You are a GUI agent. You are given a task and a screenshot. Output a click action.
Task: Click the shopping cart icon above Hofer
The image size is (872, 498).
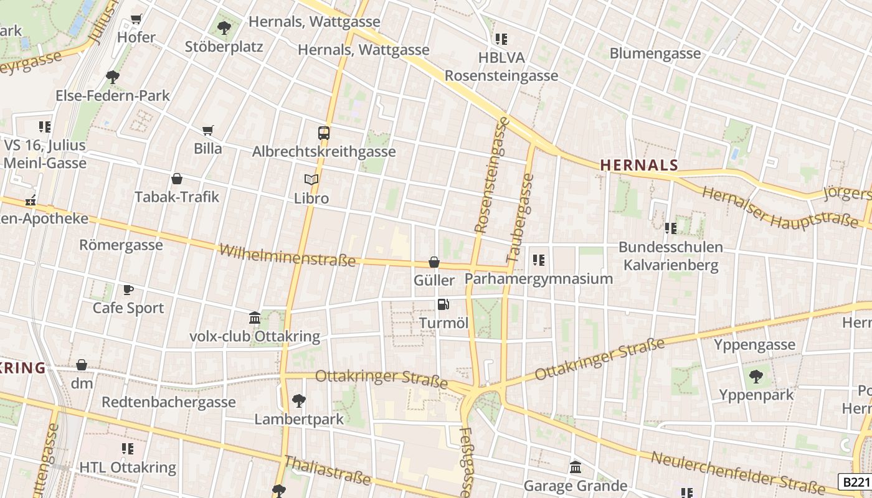click(136, 19)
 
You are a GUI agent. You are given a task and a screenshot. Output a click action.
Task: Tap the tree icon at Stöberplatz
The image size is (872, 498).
click(224, 28)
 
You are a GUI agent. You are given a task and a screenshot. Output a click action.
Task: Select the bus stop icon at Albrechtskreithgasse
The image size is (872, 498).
click(324, 133)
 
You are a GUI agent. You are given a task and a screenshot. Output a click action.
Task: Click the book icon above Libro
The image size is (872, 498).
click(311, 180)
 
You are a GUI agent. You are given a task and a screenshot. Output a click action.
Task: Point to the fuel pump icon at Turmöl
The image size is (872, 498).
click(443, 304)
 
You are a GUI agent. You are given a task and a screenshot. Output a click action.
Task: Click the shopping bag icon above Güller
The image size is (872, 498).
click(434, 262)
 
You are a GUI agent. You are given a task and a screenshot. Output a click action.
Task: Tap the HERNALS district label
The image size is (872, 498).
click(639, 165)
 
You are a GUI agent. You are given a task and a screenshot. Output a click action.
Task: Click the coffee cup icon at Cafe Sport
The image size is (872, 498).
click(128, 289)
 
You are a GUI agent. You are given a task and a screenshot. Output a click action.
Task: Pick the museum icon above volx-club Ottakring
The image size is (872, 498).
click(255, 318)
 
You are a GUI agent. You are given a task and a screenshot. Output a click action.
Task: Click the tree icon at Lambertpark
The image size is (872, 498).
click(299, 400)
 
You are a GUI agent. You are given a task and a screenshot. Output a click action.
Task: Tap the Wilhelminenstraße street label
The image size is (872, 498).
click(287, 256)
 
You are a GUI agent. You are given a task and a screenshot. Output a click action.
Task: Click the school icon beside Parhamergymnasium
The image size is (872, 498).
click(539, 260)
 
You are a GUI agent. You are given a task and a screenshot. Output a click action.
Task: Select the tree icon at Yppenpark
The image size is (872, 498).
click(756, 376)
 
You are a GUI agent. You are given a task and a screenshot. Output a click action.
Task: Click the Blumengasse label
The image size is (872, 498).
click(655, 54)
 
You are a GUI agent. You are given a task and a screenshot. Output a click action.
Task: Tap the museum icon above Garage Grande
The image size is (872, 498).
click(576, 467)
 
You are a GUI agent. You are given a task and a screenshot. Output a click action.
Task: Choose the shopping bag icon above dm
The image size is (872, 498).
click(82, 365)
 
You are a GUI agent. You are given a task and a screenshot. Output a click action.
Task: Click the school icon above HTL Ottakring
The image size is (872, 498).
click(128, 449)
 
